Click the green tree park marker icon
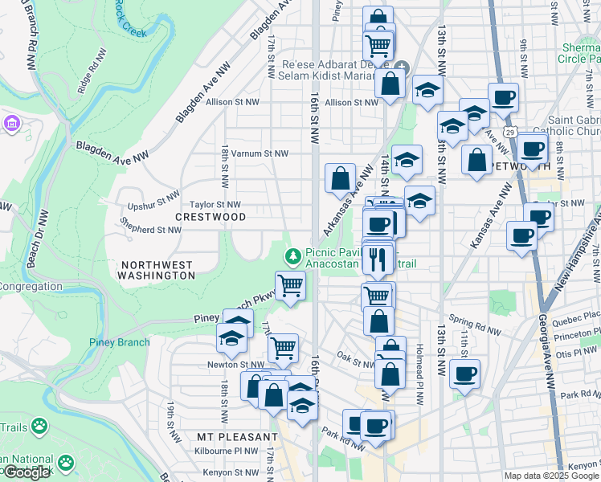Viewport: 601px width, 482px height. (x=293, y=256)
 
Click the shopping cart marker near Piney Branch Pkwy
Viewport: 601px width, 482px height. (x=290, y=284)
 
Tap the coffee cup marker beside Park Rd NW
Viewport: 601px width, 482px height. (x=374, y=423)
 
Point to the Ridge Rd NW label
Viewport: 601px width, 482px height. (x=92, y=72)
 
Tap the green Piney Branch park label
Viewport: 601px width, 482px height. (x=119, y=342)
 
